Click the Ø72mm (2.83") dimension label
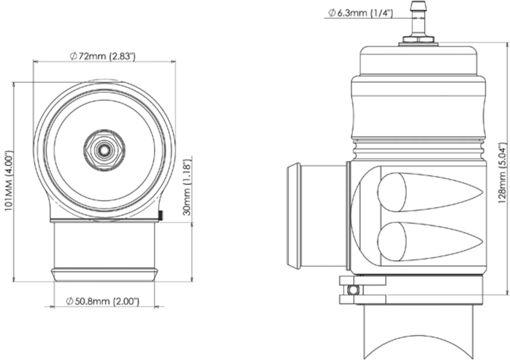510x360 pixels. click(102, 57)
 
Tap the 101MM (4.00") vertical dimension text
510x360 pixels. click(9, 181)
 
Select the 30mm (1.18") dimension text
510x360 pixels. click(187, 187)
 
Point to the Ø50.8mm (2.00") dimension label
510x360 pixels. click(102, 301)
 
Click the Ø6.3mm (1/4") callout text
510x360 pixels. click(360, 13)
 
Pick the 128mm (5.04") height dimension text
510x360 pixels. click(502, 173)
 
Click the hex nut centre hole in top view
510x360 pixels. click(104, 150)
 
